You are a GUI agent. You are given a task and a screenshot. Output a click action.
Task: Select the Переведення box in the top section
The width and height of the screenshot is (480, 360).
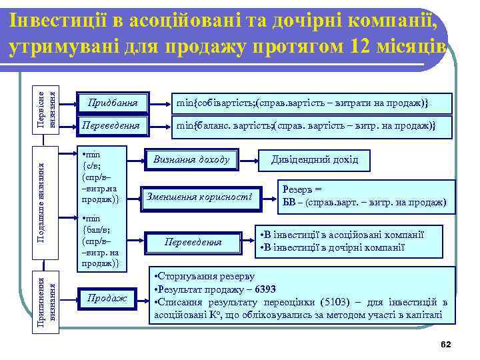112,125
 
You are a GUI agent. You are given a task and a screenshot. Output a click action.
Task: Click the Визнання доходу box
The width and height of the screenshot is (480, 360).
191,159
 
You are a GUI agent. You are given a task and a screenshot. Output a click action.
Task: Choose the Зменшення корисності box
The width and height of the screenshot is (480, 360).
197,197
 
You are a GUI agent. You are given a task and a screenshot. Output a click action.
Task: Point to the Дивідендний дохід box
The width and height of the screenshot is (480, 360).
314,159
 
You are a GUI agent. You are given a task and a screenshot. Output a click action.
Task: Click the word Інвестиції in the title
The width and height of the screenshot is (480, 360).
49,21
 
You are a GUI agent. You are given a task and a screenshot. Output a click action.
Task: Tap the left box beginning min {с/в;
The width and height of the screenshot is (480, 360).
100,175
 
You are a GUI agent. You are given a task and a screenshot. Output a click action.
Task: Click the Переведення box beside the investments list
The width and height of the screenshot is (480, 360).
193,242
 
